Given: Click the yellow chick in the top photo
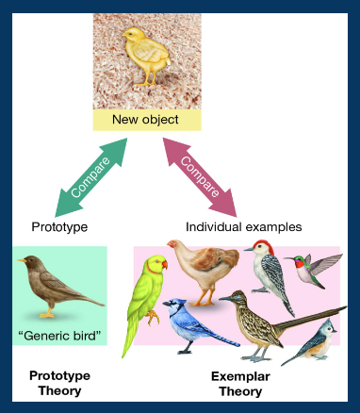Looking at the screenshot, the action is tap(147, 57).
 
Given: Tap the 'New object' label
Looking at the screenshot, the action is tap(146, 120).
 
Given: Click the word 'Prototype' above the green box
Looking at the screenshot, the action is tap(60, 227).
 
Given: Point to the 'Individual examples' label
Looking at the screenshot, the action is tap(243, 227).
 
